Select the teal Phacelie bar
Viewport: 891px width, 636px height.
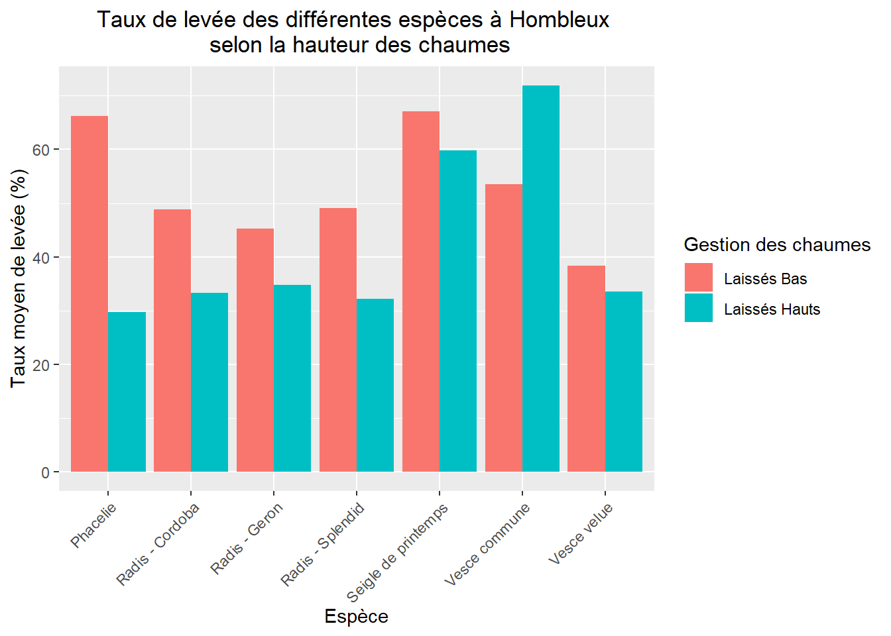[x=127, y=392]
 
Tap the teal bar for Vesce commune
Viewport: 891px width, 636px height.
[x=541, y=278]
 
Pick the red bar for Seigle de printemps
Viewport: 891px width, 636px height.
[x=421, y=291]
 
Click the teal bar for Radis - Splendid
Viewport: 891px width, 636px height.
[x=375, y=385]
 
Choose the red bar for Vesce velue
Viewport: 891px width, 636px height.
[x=586, y=368]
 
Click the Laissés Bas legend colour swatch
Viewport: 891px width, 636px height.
[x=699, y=278]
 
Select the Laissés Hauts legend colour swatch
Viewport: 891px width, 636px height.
[x=699, y=308]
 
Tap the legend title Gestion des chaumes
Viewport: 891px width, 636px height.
[x=777, y=245]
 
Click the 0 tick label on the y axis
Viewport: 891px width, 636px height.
[x=45, y=472]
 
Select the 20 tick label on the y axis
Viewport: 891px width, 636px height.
[x=41, y=365]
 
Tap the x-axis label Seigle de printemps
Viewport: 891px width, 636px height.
[x=397, y=553]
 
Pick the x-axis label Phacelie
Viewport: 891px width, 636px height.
[x=93, y=525]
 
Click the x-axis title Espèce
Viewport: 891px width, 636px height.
[x=356, y=617]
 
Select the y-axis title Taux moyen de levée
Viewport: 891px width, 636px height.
[x=19, y=278]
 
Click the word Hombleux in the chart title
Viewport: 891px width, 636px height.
[x=559, y=20]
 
